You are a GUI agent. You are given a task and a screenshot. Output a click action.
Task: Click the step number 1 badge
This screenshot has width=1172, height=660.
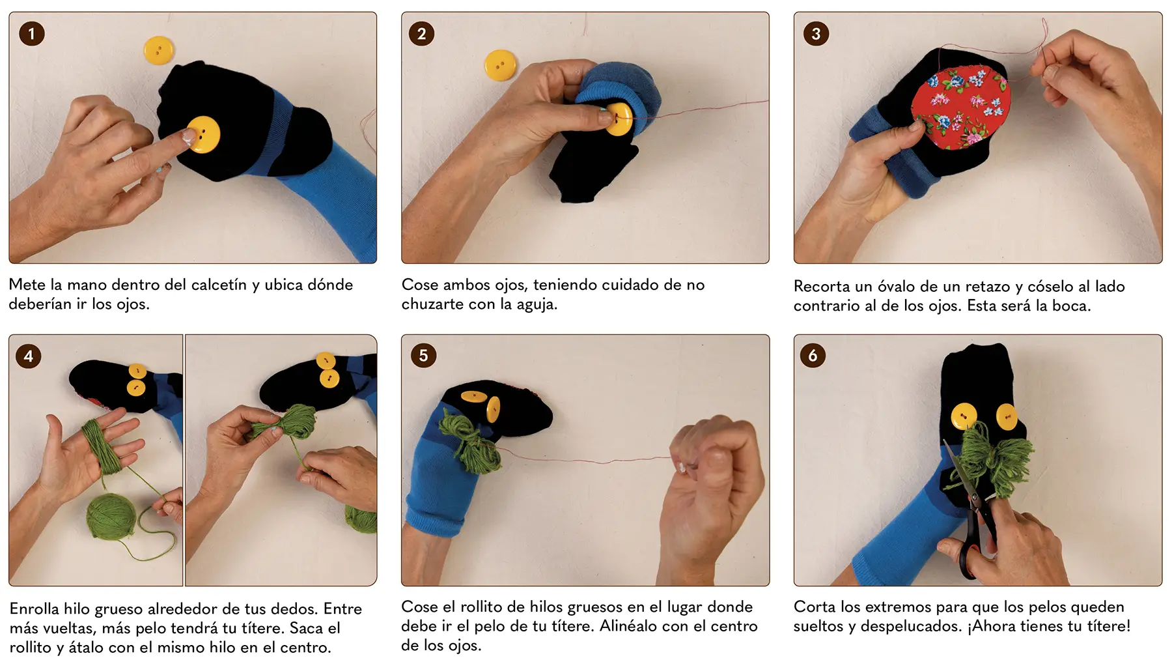pyautogui.click(x=31, y=34)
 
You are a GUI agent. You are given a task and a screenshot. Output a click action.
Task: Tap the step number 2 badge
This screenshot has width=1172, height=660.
pyautogui.click(x=421, y=34)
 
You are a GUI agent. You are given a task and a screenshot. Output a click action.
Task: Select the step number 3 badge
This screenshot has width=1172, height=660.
pyautogui.click(x=816, y=34)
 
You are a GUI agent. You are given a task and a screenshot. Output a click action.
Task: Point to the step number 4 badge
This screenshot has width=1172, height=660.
pyautogui.click(x=29, y=356)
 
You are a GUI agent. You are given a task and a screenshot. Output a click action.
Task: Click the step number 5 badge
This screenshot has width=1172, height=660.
pyautogui.click(x=423, y=356)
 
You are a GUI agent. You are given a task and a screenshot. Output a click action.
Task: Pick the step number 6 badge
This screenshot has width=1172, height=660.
pyautogui.click(x=813, y=356)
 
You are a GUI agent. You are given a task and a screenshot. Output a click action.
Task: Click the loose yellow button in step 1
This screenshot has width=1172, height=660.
pyautogui.click(x=159, y=51)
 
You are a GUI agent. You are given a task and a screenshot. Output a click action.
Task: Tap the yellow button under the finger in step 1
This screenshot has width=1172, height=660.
pyautogui.click(x=203, y=135)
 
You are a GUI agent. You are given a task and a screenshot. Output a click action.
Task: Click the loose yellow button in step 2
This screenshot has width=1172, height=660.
pyautogui.click(x=500, y=66)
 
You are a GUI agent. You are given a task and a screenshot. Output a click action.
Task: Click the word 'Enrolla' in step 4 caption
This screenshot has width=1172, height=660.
pyautogui.click(x=35, y=609)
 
